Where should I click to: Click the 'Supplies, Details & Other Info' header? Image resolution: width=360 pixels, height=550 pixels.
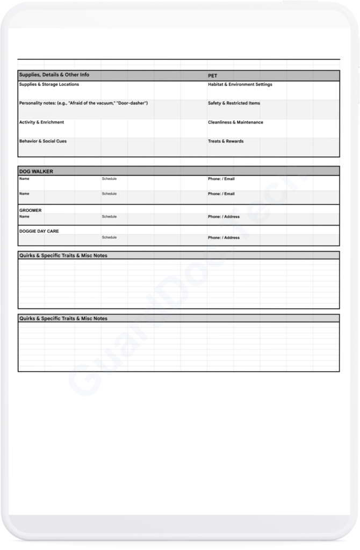coord(54,75)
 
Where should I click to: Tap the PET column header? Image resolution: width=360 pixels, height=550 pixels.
coord(212,76)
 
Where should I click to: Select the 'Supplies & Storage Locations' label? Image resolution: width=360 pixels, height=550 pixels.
coord(49,84)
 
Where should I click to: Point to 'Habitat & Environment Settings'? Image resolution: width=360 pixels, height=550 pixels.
coord(240,84)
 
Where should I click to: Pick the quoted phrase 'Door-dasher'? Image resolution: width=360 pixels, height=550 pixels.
coord(132,103)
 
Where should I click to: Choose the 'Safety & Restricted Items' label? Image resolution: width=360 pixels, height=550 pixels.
coord(234,103)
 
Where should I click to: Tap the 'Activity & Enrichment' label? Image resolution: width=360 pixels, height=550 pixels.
coord(41,122)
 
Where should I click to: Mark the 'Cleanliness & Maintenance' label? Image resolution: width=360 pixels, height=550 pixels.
coord(235,122)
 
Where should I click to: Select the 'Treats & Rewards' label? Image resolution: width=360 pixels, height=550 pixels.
coord(226,141)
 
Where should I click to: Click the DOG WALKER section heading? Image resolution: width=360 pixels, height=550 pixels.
coord(36,171)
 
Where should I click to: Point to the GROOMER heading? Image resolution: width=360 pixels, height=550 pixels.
coord(31,211)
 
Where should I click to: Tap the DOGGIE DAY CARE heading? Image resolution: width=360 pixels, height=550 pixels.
coord(39,231)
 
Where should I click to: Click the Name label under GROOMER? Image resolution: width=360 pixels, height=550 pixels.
coord(24,217)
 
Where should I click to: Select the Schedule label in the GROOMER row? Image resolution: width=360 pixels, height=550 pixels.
coord(109,217)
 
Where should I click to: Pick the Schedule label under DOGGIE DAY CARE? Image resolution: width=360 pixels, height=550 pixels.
coord(109,237)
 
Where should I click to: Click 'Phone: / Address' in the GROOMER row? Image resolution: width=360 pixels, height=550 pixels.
coord(224,217)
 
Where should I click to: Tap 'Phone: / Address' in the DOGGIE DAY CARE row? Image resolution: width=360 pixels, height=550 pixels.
coord(224,237)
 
